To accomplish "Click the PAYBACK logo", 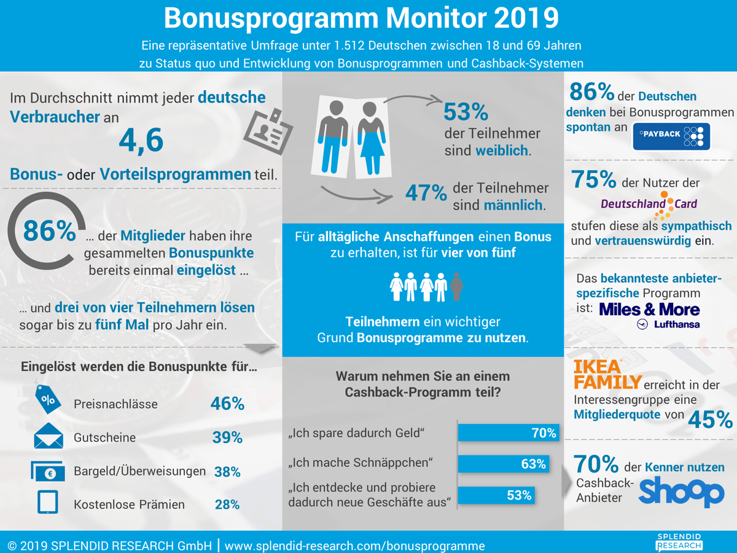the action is tap(671, 136).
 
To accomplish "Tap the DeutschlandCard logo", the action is tap(649, 205).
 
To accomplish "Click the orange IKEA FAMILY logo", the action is tap(607, 374).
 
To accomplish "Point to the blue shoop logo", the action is tap(681, 491).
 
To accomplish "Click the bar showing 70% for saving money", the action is tap(509, 433).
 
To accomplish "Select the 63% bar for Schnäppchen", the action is tap(503, 464).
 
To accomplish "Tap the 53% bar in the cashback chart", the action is tap(496, 495).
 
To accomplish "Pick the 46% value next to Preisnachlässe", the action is tap(227, 404).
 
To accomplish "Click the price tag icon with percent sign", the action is tap(47, 398).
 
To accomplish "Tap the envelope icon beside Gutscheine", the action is tap(49, 436).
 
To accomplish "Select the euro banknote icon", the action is tap(48, 471).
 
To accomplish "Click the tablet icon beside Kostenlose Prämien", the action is tap(48, 502).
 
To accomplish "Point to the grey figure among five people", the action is tap(456, 286).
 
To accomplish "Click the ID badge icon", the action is tap(268, 131).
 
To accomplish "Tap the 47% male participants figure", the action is tap(426, 193).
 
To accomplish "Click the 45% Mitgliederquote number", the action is tap(710, 420).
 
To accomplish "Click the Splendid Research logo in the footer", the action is tap(679, 542).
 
